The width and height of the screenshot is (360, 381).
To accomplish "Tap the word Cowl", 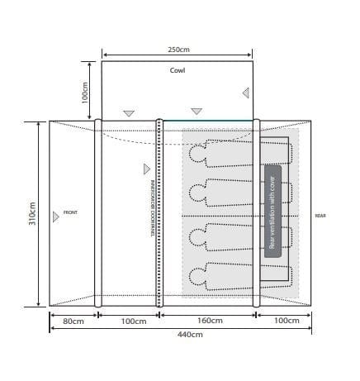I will (178, 70).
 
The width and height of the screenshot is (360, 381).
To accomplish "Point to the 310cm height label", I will (33, 213).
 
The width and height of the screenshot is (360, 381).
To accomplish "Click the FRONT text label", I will (70, 213).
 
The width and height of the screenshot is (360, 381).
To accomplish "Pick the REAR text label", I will (320, 216).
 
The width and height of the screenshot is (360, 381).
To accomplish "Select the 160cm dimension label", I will (208, 320).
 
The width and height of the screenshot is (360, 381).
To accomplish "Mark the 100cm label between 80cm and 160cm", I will (127, 320).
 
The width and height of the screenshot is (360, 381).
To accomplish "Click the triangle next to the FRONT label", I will (56, 217).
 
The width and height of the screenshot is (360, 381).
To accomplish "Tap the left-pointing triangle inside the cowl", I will (244, 93).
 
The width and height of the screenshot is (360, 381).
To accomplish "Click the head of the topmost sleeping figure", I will (196, 152).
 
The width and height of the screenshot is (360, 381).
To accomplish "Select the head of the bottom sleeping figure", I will (196, 275).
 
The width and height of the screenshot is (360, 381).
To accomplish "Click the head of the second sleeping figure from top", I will (196, 193).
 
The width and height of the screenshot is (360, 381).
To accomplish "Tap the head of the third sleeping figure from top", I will (196, 236).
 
